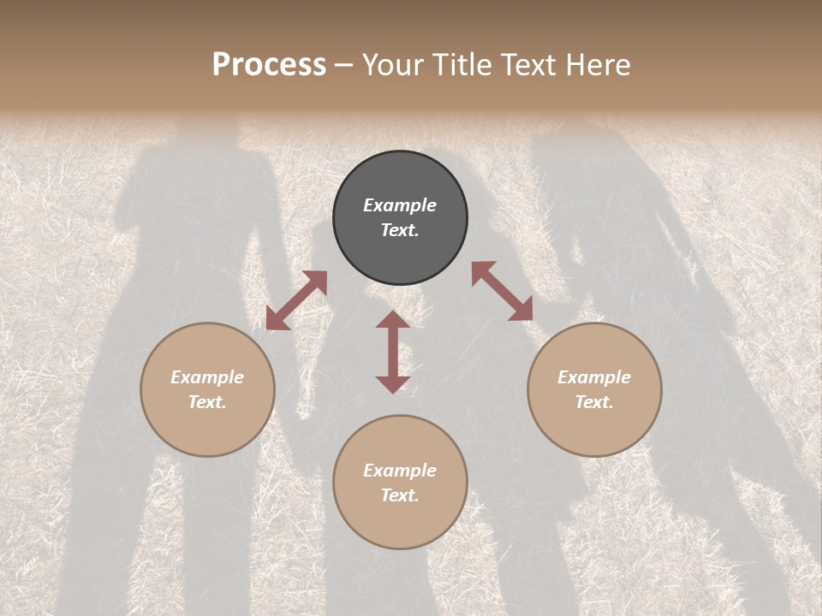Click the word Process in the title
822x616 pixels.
269,65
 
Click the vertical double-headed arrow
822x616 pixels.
393,352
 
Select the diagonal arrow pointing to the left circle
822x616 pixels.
296,300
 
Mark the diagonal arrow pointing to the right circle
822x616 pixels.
502,291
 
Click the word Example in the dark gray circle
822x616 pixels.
400,205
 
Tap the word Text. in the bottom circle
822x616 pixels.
400,495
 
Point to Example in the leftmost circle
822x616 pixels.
207,377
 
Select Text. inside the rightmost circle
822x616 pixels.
594,402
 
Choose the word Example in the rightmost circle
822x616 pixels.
594,377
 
